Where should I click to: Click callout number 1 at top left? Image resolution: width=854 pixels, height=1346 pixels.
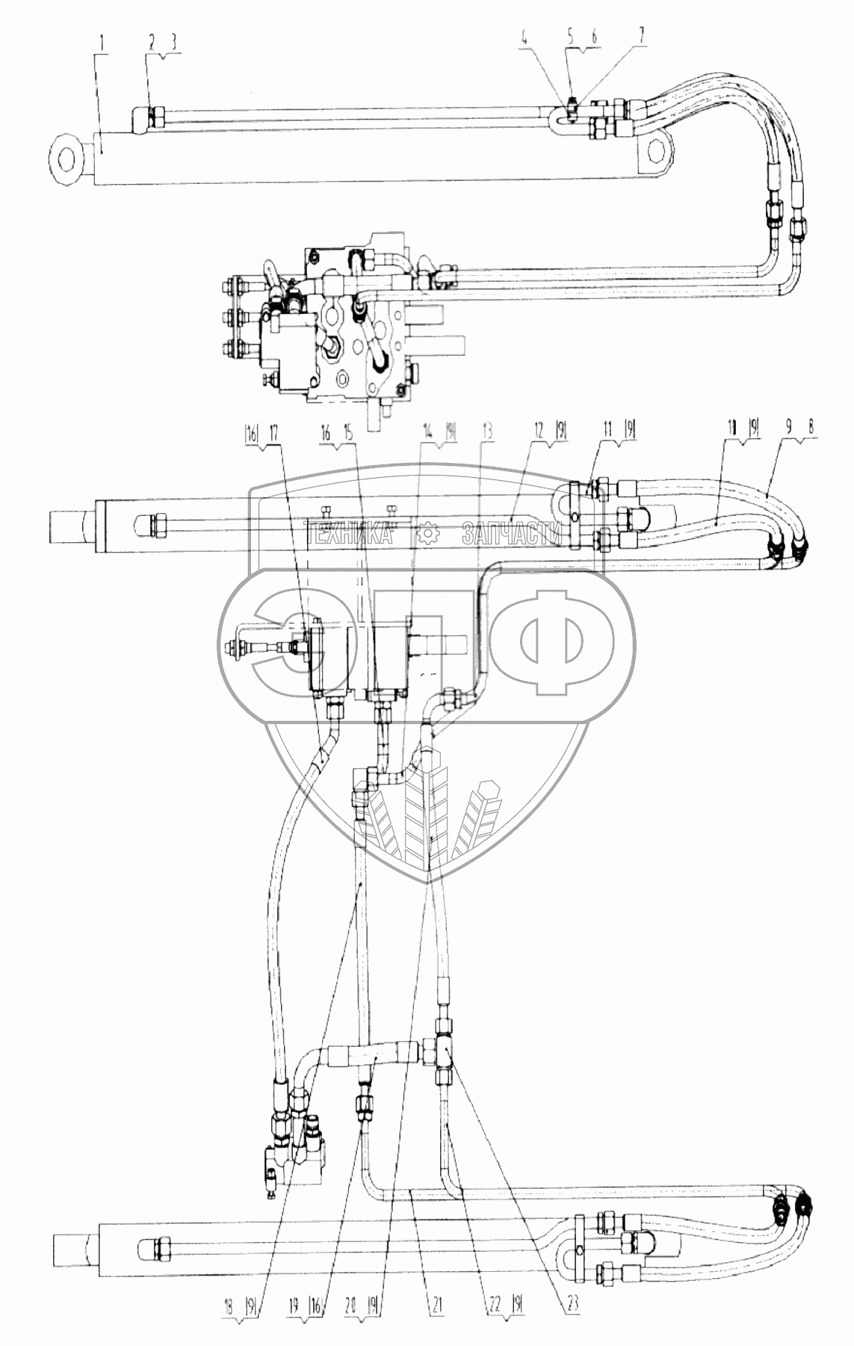pyautogui.click(x=106, y=38)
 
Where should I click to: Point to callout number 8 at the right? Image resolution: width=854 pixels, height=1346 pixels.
pyautogui.click(x=812, y=431)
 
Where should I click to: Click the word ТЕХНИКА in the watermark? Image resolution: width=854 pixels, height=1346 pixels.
pyautogui.click(x=351, y=532)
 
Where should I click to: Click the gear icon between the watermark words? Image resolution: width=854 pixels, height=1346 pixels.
pyautogui.click(x=429, y=533)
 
